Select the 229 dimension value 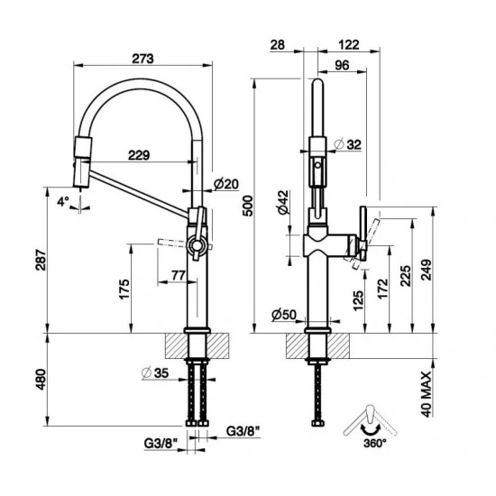[138, 156]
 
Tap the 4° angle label [62, 203]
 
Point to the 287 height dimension [37, 259]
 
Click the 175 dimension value [125, 289]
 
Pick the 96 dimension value [342, 64]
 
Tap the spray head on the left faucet [80, 162]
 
